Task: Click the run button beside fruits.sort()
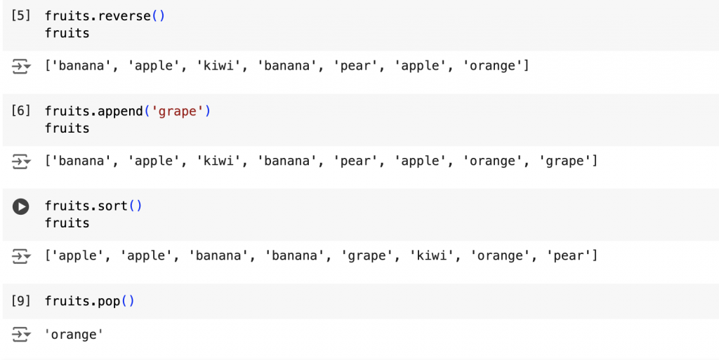(x=21, y=206)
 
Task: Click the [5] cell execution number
(x=21, y=15)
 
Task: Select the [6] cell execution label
(x=21, y=111)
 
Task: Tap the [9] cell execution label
(x=21, y=301)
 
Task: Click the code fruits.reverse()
(x=105, y=15)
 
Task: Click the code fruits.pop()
(x=89, y=301)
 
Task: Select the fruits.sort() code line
(x=93, y=206)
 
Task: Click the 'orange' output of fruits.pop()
(x=74, y=335)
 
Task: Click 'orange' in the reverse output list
(x=496, y=67)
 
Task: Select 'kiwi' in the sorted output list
(x=430, y=256)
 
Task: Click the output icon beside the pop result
(x=21, y=335)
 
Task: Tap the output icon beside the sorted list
(x=21, y=257)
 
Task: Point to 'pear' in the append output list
(x=355, y=161)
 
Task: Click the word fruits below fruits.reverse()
(x=67, y=33)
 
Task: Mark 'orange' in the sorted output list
(x=499, y=256)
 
